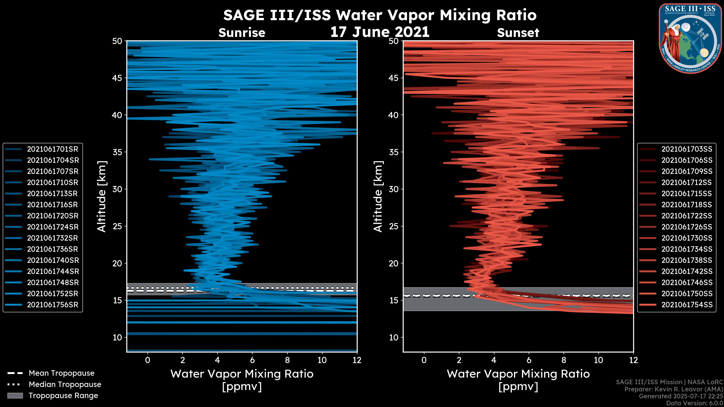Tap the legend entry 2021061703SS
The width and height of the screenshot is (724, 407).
point(687,149)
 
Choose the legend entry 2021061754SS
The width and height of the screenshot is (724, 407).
point(687,305)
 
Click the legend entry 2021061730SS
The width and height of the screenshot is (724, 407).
point(687,238)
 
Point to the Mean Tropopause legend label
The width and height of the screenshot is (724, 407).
point(61,373)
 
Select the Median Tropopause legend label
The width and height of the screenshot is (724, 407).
point(65,385)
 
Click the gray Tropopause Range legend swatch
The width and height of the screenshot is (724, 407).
point(15,396)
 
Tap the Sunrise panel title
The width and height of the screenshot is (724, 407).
point(242,33)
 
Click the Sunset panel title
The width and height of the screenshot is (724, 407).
point(518,33)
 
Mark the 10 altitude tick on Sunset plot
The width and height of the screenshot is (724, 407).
point(394,337)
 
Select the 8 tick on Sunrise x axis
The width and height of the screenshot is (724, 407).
point(287,360)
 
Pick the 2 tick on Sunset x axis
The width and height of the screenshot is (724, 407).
point(459,360)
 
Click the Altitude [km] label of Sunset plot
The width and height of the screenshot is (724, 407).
point(378,197)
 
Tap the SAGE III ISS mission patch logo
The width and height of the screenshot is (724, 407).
point(690,38)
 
